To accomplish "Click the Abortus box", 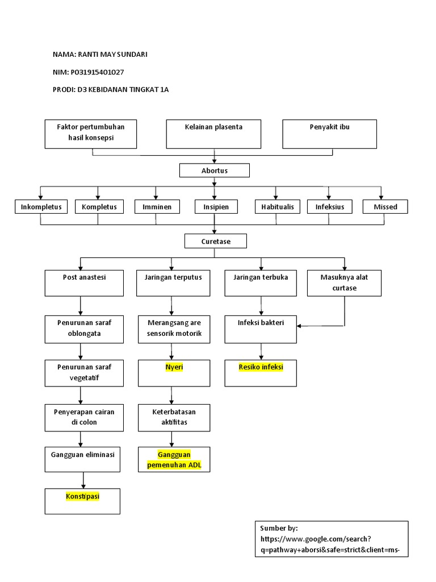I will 214,171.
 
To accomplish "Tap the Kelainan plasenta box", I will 213,134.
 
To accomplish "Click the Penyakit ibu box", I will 329,134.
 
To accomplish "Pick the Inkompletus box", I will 41,207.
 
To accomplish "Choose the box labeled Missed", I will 385,207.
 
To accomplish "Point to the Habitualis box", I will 278,207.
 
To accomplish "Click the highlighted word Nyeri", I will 174,367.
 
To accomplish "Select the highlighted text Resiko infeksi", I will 261,367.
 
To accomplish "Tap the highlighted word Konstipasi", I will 82,496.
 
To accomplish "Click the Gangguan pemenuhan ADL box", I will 174,460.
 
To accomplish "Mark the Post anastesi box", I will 84,282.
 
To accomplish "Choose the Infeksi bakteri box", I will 261,329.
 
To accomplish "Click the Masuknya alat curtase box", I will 344,283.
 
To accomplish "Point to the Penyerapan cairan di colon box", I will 84,417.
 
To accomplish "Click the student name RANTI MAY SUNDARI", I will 115,55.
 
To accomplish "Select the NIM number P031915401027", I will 97,72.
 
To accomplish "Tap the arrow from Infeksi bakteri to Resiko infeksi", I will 261,351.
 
